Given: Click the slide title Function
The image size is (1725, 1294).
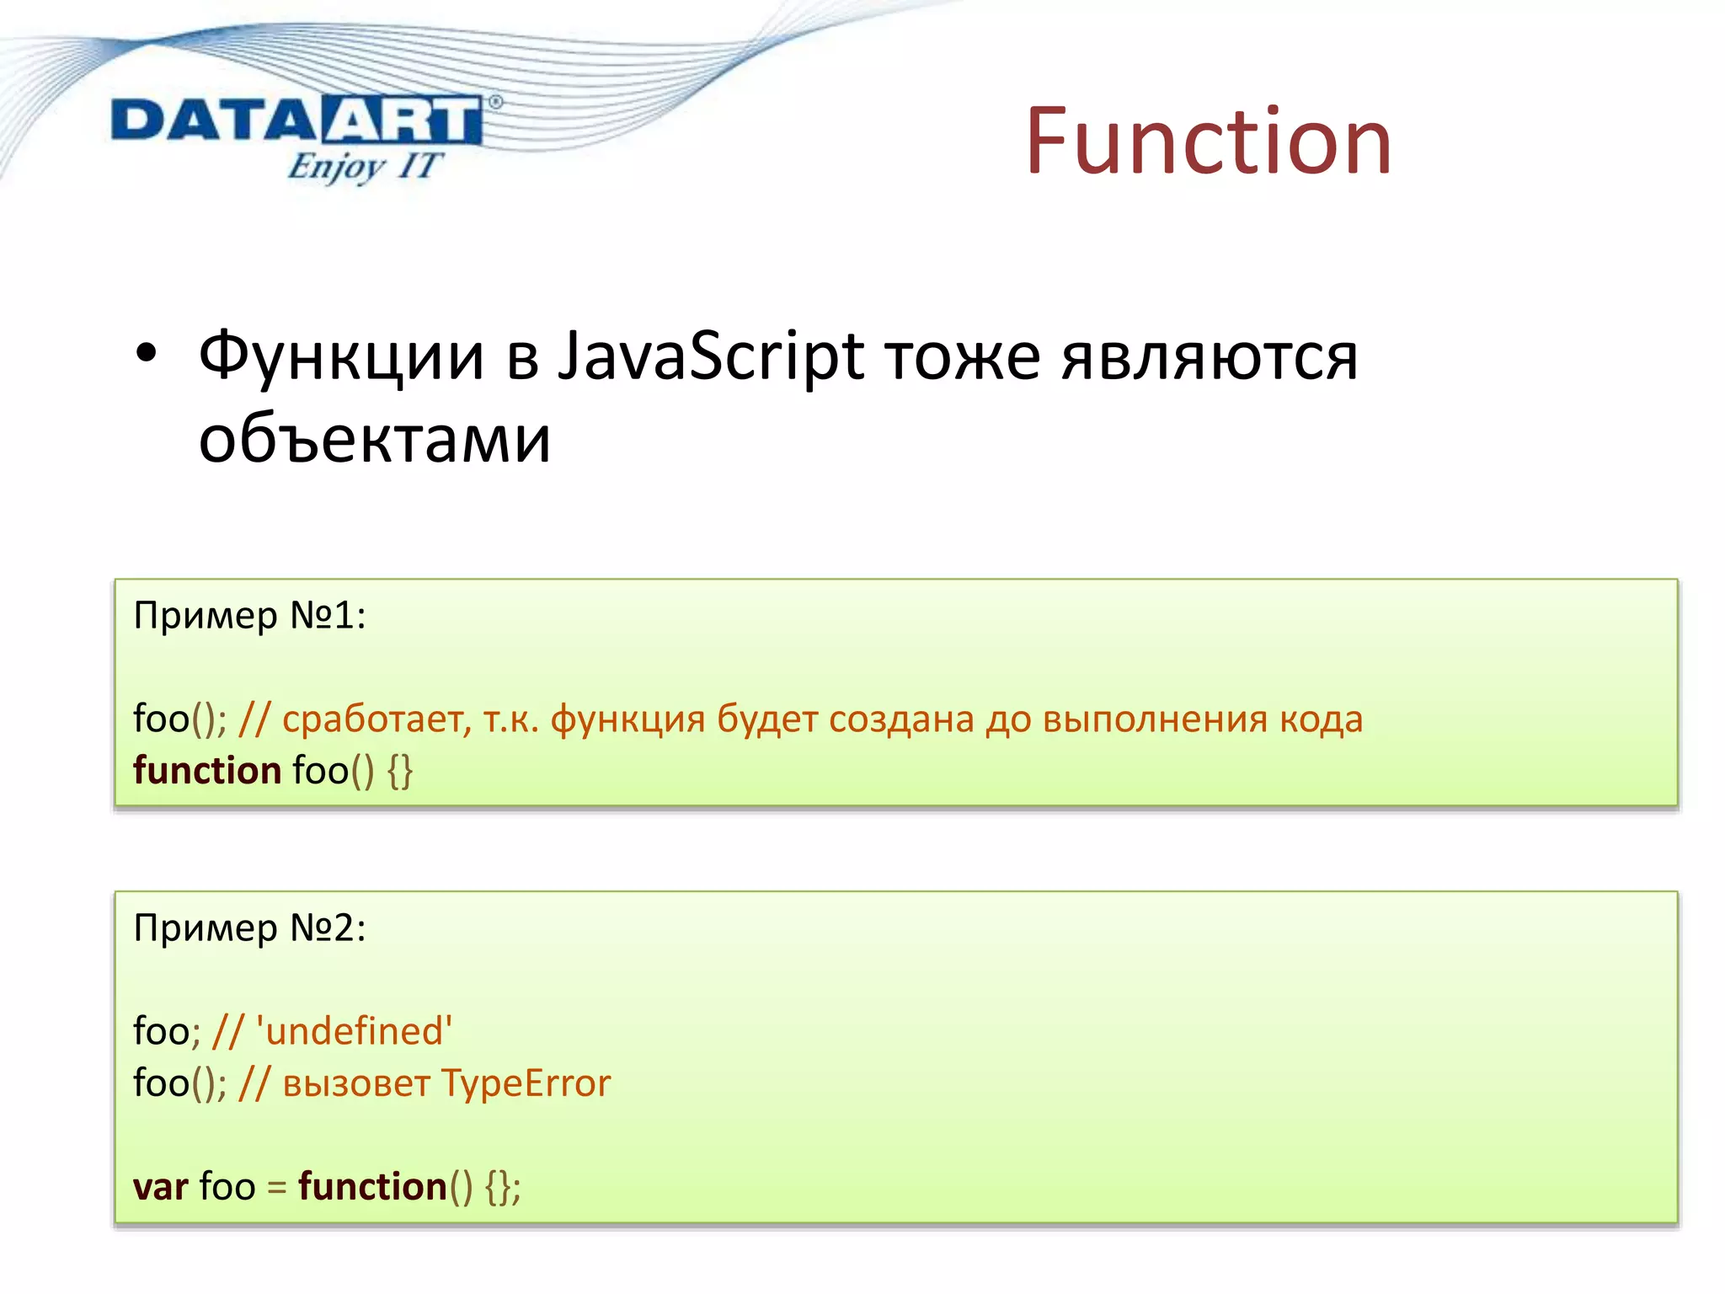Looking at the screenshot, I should (x=1208, y=141).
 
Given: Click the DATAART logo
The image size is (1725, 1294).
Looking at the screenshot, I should (x=296, y=120).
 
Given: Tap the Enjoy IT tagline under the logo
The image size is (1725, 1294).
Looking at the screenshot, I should (x=364, y=166).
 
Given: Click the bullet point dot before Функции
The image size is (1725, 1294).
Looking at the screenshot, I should (x=146, y=355).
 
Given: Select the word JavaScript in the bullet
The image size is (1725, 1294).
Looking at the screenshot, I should (x=712, y=356).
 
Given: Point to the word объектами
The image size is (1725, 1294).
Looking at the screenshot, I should (x=375, y=439).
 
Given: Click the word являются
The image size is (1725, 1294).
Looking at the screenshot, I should (x=1209, y=356).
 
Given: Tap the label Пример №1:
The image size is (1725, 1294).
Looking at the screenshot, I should (x=249, y=616).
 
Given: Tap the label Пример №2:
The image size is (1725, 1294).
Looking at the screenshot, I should (x=249, y=928).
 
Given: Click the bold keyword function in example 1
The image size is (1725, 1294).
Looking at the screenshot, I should (x=207, y=770).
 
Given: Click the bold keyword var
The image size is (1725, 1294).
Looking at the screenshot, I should (x=160, y=1186).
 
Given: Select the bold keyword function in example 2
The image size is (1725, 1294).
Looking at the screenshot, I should (x=372, y=1186).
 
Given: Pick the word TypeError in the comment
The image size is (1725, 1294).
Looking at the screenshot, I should (x=526, y=1083).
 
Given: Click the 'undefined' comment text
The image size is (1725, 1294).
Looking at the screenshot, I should (x=354, y=1031).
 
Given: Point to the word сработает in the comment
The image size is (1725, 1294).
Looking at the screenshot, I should (x=376, y=719).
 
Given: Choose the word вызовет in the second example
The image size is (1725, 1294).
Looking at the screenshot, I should (x=356, y=1084).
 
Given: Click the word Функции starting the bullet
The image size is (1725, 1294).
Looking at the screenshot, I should (x=341, y=356).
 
